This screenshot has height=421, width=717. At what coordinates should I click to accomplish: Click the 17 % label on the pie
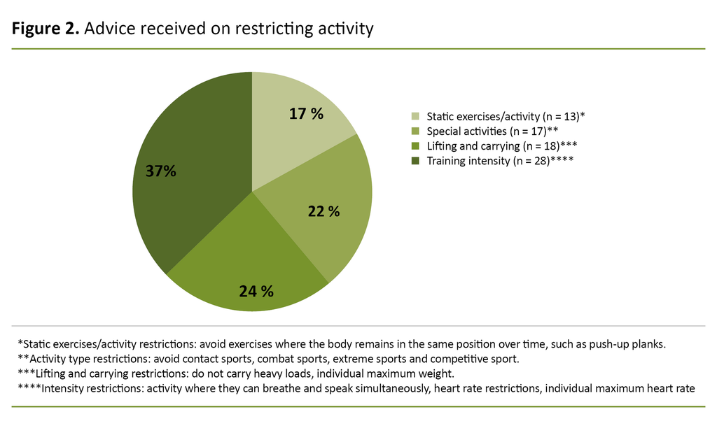[x=306, y=113]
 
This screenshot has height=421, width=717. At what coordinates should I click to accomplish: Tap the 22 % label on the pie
[x=323, y=211]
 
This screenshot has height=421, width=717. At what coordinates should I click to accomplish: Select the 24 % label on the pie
[x=256, y=291]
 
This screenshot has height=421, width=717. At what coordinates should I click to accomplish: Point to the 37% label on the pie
[x=160, y=171]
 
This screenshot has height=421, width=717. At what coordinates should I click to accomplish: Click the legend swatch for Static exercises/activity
[x=415, y=116]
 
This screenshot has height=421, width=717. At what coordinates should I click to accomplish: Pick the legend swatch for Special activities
[x=415, y=131]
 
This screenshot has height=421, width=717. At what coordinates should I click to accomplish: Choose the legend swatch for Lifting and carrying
[x=415, y=145]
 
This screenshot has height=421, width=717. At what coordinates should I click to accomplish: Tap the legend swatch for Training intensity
[x=415, y=160]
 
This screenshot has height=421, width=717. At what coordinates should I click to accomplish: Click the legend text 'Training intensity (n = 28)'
[x=501, y=160]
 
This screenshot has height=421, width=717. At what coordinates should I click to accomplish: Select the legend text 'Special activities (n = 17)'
[x=492, y=131]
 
